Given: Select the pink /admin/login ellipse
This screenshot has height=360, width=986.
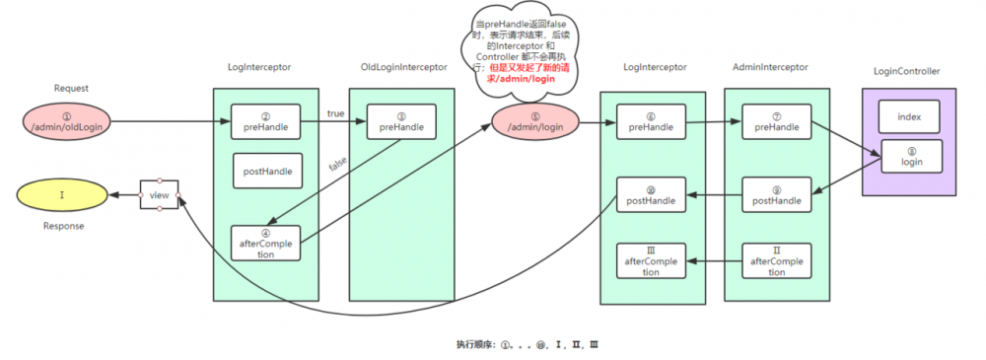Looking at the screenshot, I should pyautogui.click(x=533, y=124).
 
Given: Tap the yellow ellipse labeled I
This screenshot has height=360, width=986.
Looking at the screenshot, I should pyautogui.click(x=62, y=195).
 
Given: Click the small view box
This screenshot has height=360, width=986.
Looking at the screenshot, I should pyautogui.click(x=159, y=195).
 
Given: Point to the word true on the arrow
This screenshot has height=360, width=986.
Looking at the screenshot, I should pyautogui.click(x=336, y=113).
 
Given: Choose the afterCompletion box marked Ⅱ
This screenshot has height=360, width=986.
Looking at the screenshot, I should pyautogui.click(x=776, y=260).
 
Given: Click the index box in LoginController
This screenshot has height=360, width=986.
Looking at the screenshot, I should pyautogui.click(x=909, y=116).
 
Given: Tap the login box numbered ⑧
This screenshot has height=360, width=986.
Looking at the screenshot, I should pyautogui.click(x=909, y=157).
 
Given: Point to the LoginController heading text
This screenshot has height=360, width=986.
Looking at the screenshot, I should pyautogui.click(x=906, y=72).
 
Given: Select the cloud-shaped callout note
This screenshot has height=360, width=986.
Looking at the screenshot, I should pyautogui.click(x=519, y=54).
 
